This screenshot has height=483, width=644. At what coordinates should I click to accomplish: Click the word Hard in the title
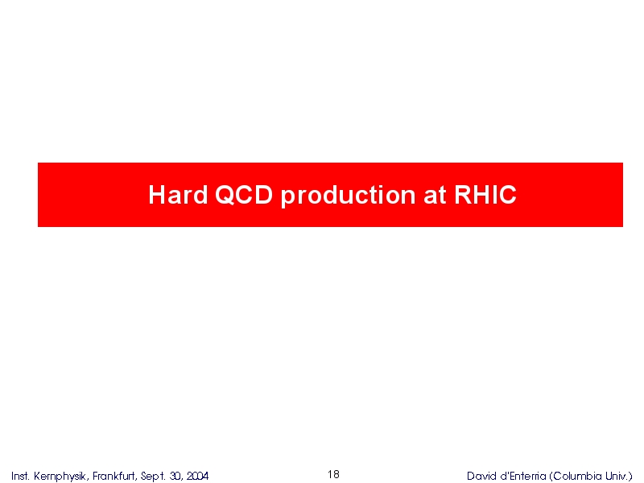pyautogui.click(x=178, y=194)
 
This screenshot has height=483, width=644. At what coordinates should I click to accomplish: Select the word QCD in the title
pyautogui.click(x=244, y=194)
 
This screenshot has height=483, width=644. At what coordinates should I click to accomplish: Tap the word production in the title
pyautogui.click(x=349, y=196)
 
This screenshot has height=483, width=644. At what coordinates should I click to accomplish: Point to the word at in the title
pyautogui.click(x=435, y=196)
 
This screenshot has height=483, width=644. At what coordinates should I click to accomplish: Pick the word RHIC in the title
pyautogui.click(x=485, y=194)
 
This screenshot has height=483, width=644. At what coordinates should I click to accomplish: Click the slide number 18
pyautogui.click(x=333, y=474)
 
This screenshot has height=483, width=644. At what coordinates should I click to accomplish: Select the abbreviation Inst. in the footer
pyautogui.click(x=20, y=476)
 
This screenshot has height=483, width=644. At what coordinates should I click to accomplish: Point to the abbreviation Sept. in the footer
pyautogui.click(x=153, y=477)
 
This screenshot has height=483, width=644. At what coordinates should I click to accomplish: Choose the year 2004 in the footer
pyautogui.click(x=197, y=476)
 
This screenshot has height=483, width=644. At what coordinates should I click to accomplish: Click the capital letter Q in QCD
pyautogui.click(x=225, y=194)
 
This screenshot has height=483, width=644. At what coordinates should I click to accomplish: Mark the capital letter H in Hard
pyautogui.click(x=156, y=194)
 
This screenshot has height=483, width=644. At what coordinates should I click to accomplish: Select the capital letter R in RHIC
pyautogui.click(x=464, y=194)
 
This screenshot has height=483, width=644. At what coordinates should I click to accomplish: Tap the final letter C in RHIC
pyautogui.click(x=507, y=194)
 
